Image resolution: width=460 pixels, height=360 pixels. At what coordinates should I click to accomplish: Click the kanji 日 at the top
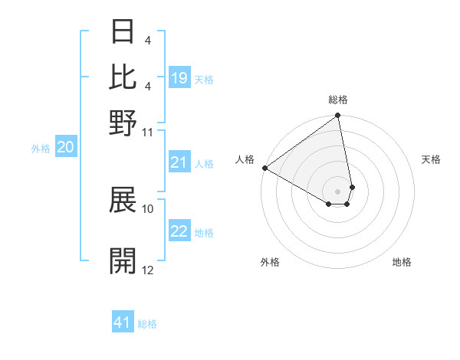coord(123,32)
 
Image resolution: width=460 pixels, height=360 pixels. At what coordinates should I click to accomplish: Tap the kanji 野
coord(123,123)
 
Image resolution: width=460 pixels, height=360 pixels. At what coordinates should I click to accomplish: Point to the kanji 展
coord(123,201)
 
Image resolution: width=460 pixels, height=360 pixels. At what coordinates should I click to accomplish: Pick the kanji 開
coord(123,260)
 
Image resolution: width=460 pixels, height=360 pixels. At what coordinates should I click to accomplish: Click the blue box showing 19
coord(179,78)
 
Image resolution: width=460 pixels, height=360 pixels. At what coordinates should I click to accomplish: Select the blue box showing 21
coord(179,162)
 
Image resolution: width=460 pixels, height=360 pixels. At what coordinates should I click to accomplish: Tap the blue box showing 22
coord(179,231)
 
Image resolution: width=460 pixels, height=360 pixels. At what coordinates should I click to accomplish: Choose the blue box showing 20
coord(66,148)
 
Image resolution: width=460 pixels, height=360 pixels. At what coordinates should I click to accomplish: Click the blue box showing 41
coord(123,322)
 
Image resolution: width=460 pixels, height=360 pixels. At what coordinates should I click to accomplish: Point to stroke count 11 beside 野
coord(148,132)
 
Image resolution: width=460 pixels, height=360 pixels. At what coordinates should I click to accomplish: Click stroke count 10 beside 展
coord(148,208)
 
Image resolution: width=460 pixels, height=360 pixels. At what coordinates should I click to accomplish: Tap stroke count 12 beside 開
coord(148,270)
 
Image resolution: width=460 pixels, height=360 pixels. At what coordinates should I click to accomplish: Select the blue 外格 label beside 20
coord(41,149)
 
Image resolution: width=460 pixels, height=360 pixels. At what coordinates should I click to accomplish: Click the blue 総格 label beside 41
coord(147,324)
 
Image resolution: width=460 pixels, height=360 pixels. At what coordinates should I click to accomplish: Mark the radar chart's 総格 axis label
coord(338,100)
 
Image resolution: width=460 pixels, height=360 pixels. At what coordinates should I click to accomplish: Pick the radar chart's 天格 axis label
coord(431,159)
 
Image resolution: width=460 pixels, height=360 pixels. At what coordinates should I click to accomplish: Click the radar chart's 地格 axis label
coord(402,262)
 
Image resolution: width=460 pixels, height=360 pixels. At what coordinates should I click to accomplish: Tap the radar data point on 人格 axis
coord(264,168)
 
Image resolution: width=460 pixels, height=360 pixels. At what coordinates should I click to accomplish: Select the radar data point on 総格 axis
coord(338,116)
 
